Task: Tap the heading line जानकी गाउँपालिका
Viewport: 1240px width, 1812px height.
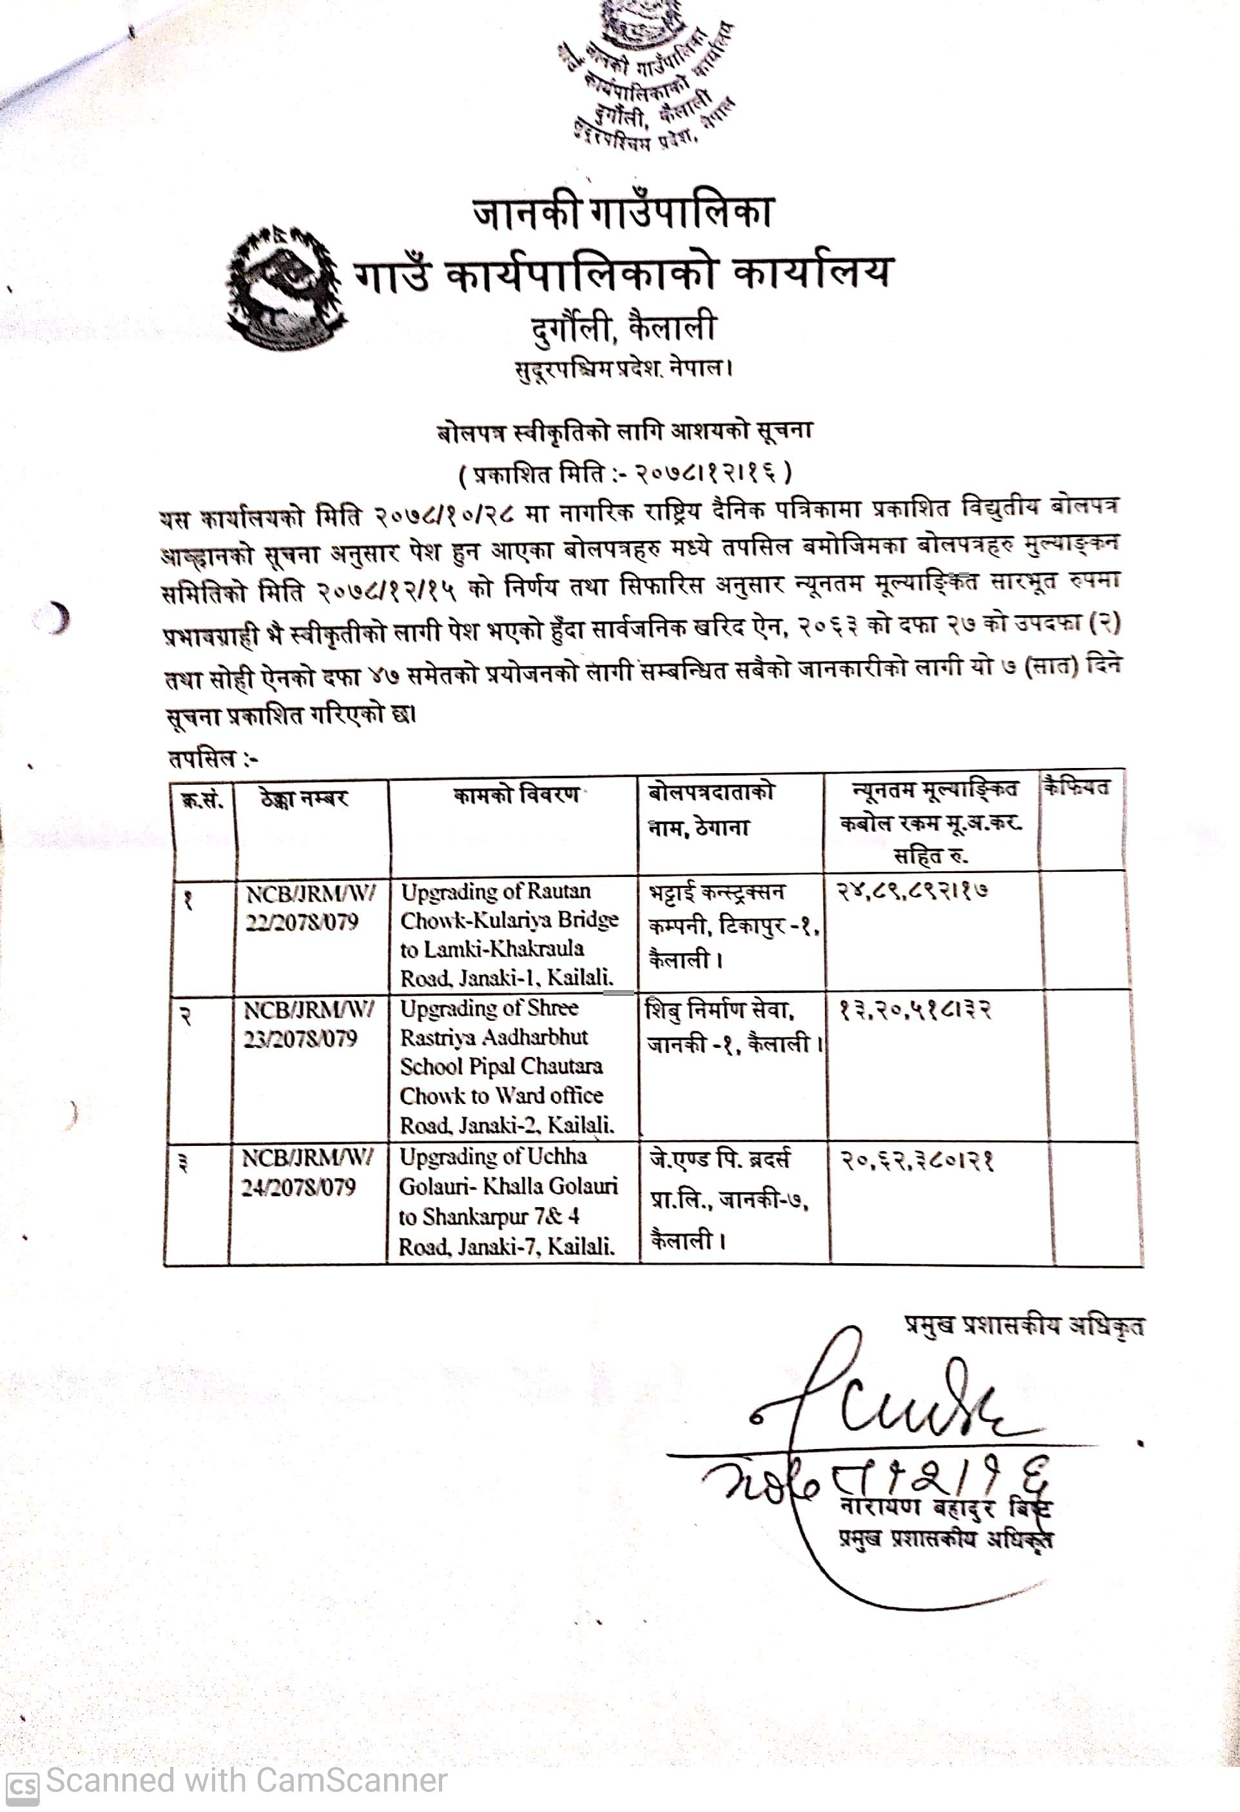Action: coord(621,213)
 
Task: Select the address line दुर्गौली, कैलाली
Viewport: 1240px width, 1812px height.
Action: coord(622,328)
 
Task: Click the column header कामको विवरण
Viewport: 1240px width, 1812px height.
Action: coord(516,795)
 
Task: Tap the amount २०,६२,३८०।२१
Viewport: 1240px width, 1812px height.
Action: coord(916,1162)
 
